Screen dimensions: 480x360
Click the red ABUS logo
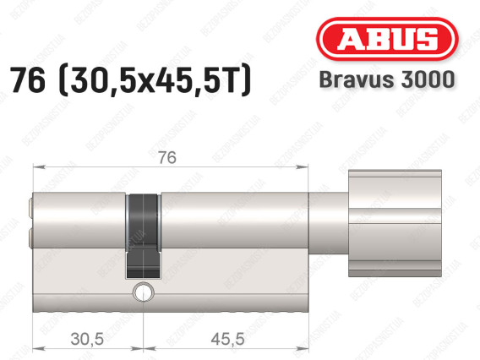click(x=387, y=39)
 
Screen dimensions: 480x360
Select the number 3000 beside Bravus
click(x=428, y=79)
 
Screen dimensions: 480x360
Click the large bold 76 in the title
click(x=28, y=80)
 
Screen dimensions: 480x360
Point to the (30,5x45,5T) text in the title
click(x=155, y=81)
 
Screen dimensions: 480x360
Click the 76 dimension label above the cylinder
click(x=167, y=158)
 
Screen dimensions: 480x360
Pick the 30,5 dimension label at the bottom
click(x=87, y=339)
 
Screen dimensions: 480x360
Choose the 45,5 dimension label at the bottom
click(x=227, y=339)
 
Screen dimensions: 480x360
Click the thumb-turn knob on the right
click(x=395, y=223)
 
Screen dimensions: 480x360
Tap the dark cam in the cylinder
click(x=144, y=236)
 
